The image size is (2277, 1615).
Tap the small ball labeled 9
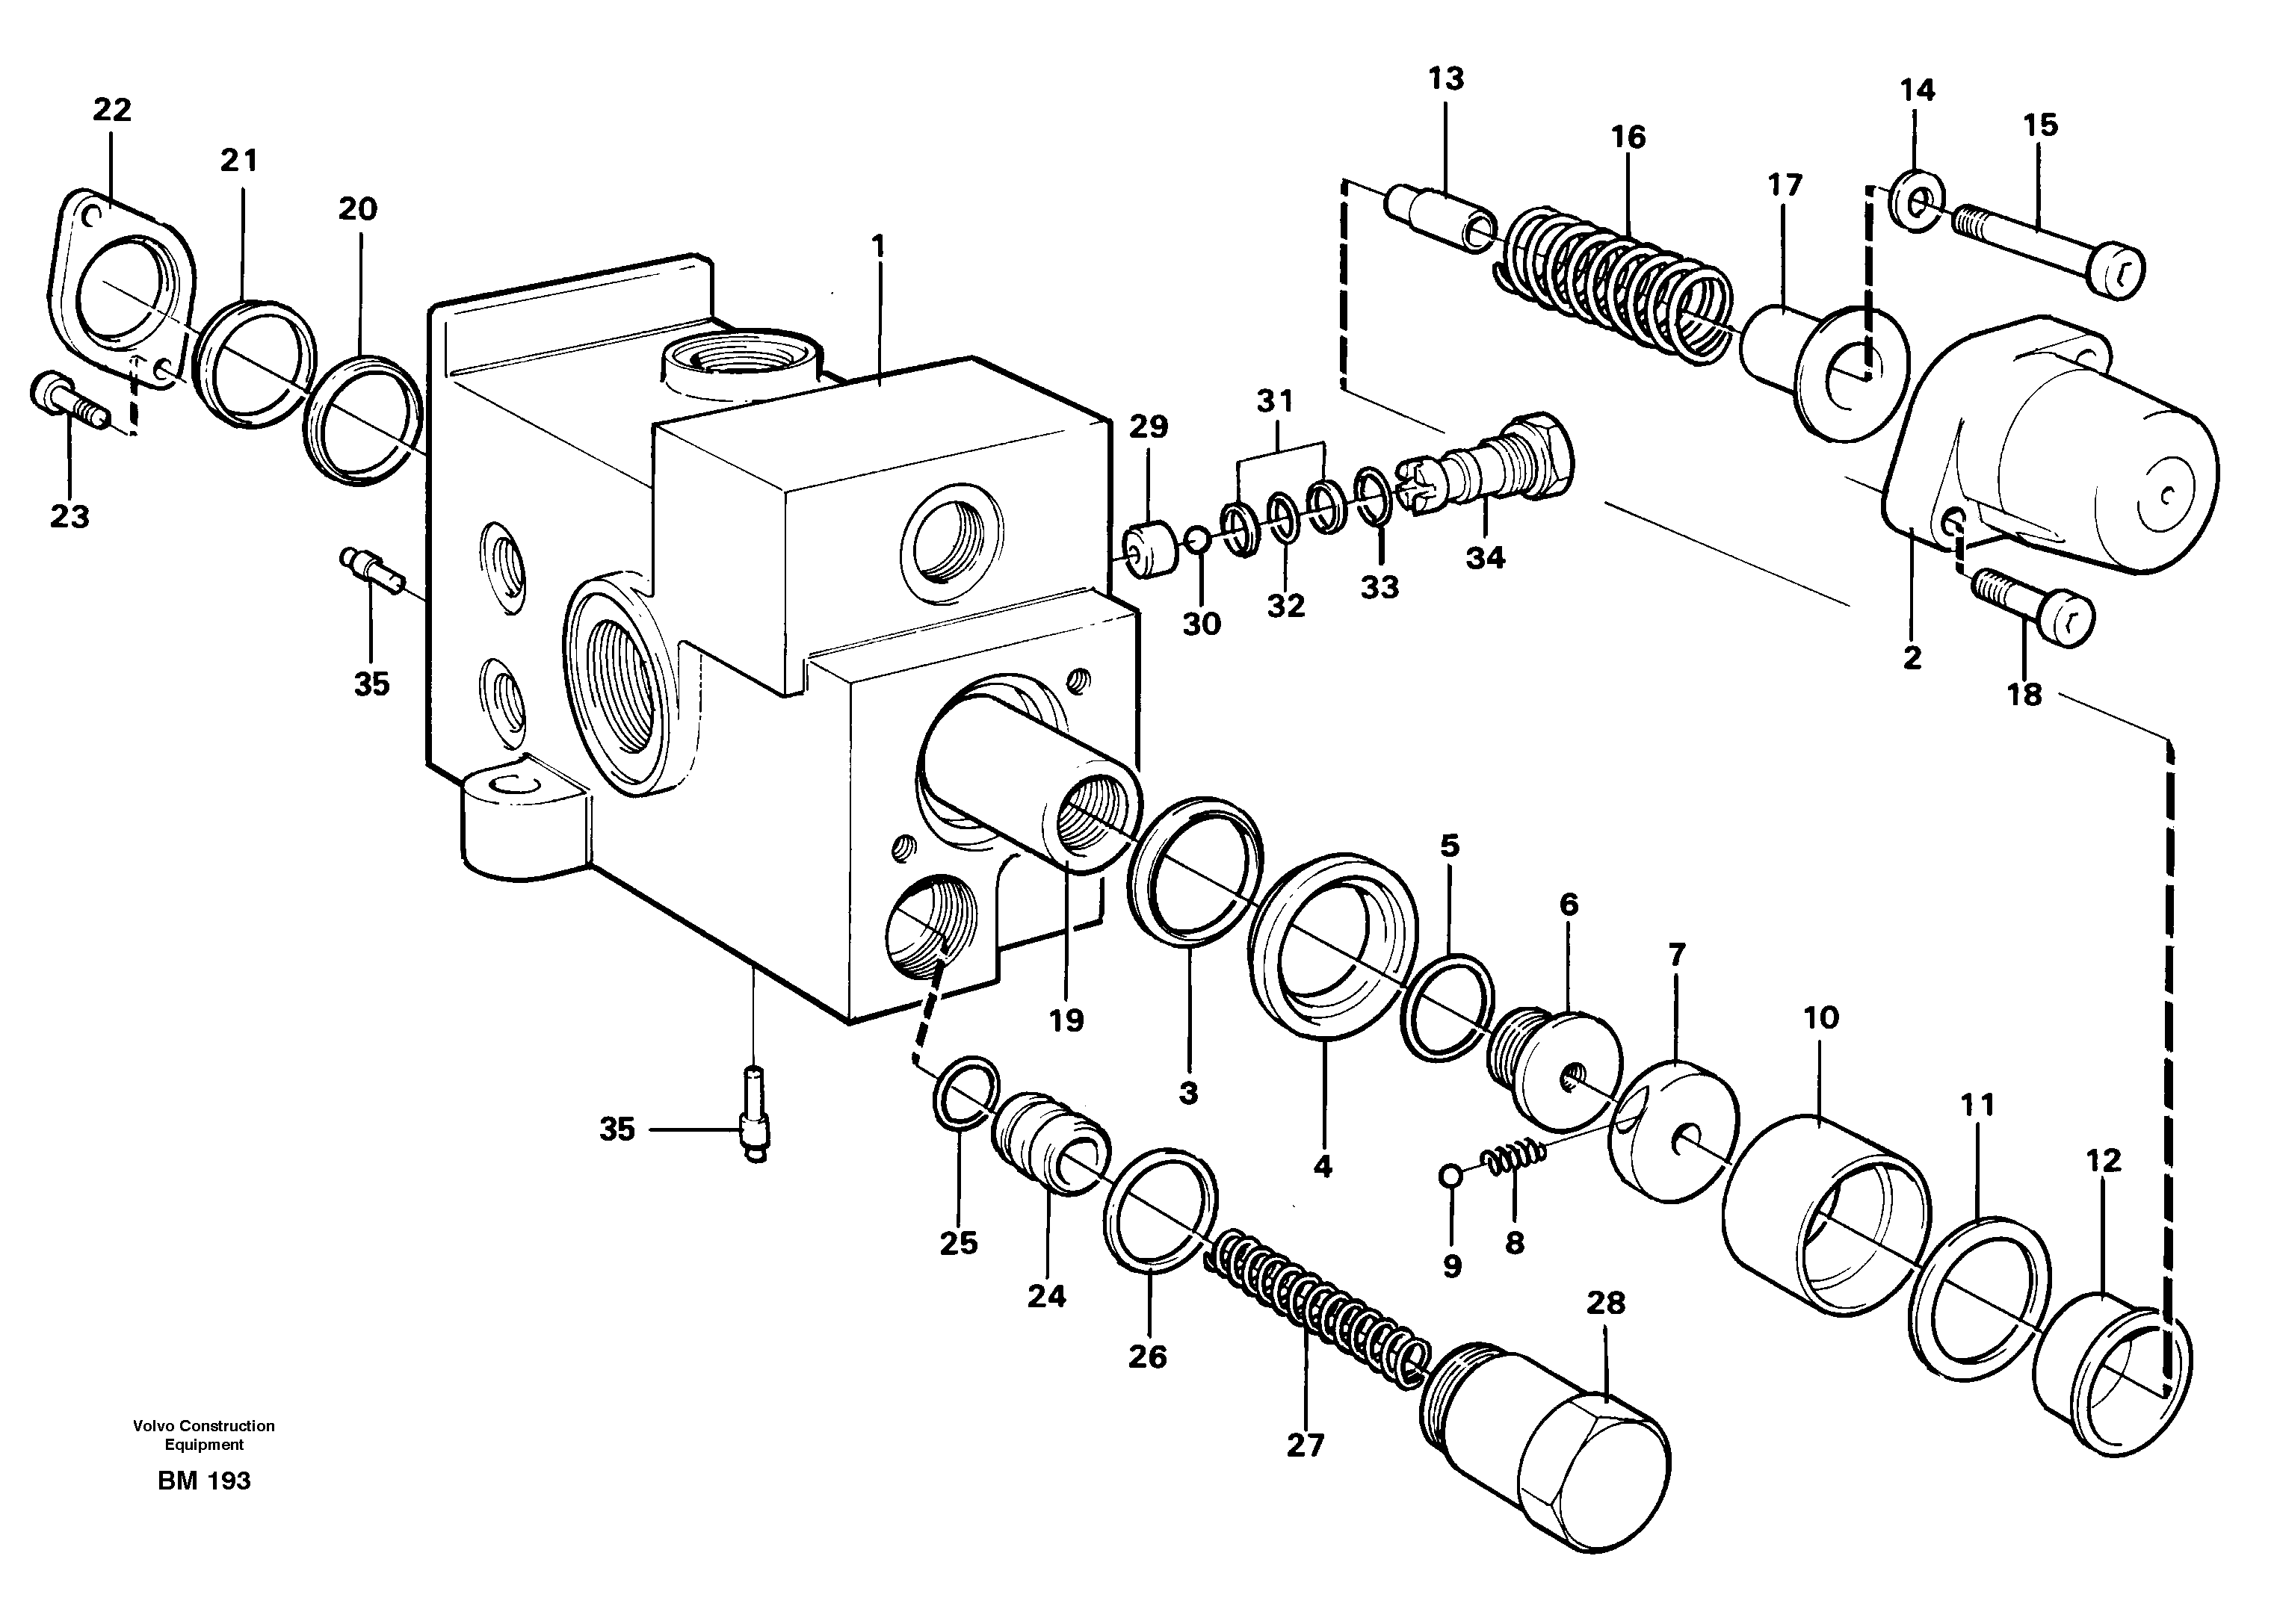coord(1451,1177)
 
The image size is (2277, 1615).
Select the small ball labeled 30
coord(1198,540)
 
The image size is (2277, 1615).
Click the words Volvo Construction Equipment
coord(204,1435)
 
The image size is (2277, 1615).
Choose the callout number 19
coord(1066,1020)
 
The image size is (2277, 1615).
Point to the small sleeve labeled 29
coord(1150,549)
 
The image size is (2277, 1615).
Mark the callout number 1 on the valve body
coord(877,246)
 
